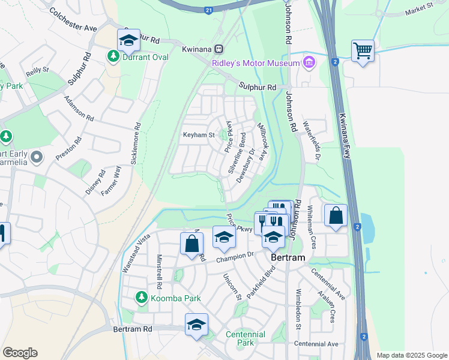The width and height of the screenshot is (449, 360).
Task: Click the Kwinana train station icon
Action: coord(220,48)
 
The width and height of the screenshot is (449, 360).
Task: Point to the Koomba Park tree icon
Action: coord(141,296)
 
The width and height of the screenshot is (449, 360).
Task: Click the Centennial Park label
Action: coord(246,338)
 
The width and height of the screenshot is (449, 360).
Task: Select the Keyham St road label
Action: coord(199,136)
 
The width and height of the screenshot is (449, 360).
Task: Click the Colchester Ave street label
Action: coord(73,20)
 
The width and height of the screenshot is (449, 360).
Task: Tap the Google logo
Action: coord(20,353)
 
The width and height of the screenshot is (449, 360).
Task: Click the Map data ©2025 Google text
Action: coord(411,355)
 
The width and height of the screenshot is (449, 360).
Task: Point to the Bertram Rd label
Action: coord(133,329)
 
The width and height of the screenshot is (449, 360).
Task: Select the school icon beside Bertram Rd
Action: coord(196,325)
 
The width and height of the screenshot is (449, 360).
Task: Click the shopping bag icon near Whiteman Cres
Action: coord(336,215)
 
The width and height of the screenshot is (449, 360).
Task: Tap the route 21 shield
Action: coord(208,10)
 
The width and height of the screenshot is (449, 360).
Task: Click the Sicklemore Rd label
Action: coord(135,145)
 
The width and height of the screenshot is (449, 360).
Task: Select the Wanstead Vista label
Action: coord(135,253)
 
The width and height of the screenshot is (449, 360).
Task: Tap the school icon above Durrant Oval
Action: coord(128,40)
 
